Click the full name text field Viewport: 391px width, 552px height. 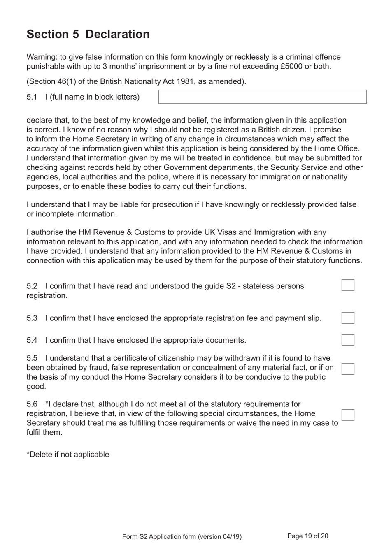coord(262,97)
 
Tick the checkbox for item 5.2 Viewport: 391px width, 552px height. coord(348,285)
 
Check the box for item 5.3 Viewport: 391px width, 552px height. coord(348,318)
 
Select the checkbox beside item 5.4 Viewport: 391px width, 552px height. coord(348,340)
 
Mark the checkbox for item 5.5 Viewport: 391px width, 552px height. coord(348,369)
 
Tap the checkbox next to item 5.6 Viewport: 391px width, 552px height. coord(348,415)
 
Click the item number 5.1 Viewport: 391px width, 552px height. coord(32,97)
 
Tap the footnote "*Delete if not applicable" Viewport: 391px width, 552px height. coord(68,455)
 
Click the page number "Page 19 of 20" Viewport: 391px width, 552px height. coord(307,536)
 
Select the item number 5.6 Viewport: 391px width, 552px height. coord(32,404)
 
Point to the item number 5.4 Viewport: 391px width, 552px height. coord(32,340)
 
